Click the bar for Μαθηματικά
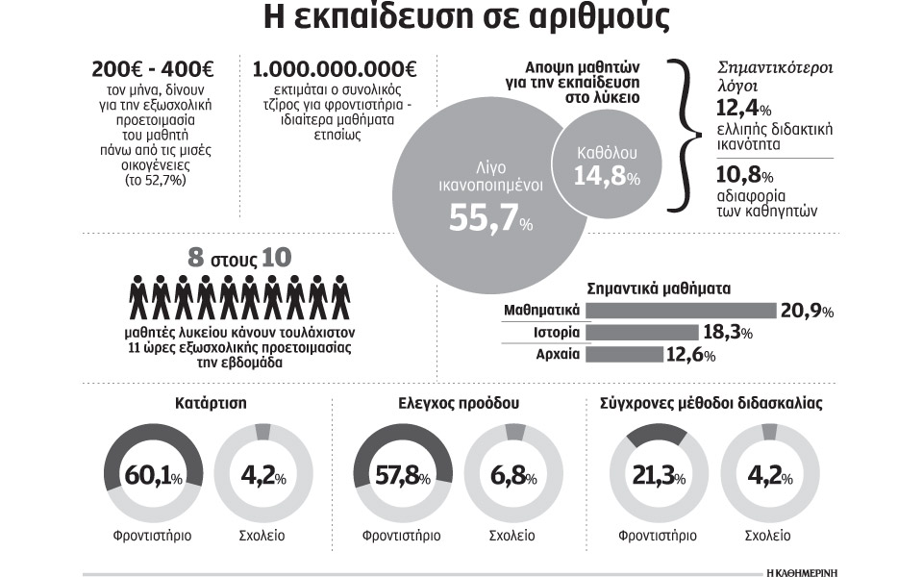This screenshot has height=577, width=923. (680, 311)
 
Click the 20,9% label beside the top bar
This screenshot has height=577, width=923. (807, 312)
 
